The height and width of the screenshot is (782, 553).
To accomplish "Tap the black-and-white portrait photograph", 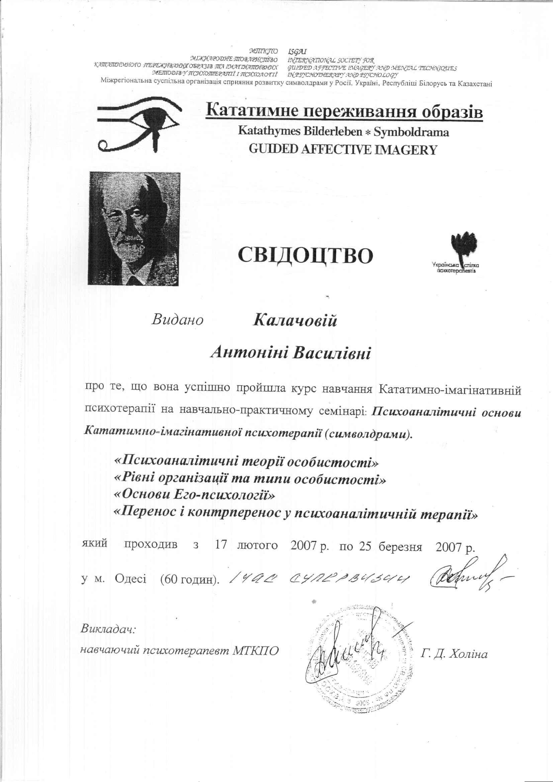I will (134, 228).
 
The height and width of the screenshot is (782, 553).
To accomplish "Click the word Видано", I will (178, 319).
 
